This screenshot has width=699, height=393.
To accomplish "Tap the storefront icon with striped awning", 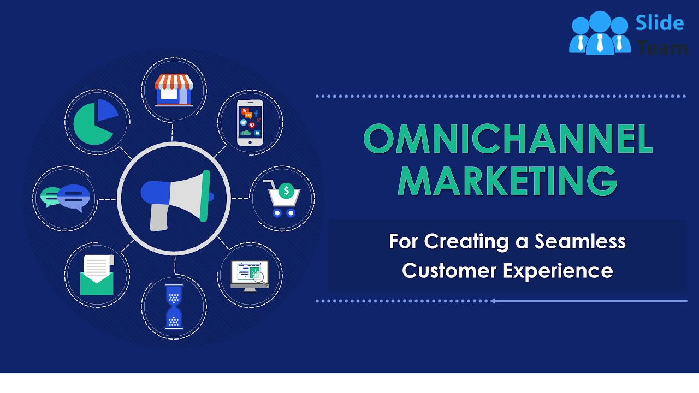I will pyautogui.click(x=174, y=90).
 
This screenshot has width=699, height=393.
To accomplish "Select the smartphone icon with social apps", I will pyautogui.click(x=250, y=122).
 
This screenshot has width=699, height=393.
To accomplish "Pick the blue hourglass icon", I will pyautogui.click(x=174, y=306).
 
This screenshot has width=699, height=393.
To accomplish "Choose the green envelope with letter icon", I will pyautogui.click(x=97, y=275).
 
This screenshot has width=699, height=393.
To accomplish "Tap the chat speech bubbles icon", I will pyautogui.click(x=66, y=198).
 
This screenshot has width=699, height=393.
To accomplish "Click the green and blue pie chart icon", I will pyautogui.click(x=96, y=122).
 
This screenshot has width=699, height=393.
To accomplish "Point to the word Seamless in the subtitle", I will pyautogui.click(x=580, y=241).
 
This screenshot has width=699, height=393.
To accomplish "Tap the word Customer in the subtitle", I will pyautogui.click(x=450, y=270).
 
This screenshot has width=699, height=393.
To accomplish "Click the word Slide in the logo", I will pyautogui.click(x=660, y=23).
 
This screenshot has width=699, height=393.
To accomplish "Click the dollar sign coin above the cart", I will pyautogui.click(x=286, y=191).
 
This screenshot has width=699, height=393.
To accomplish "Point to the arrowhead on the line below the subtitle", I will pyautogui.click(x=492, y=301).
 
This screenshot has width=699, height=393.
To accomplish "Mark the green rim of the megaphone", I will pyautogui.click(x=205, y=196).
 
